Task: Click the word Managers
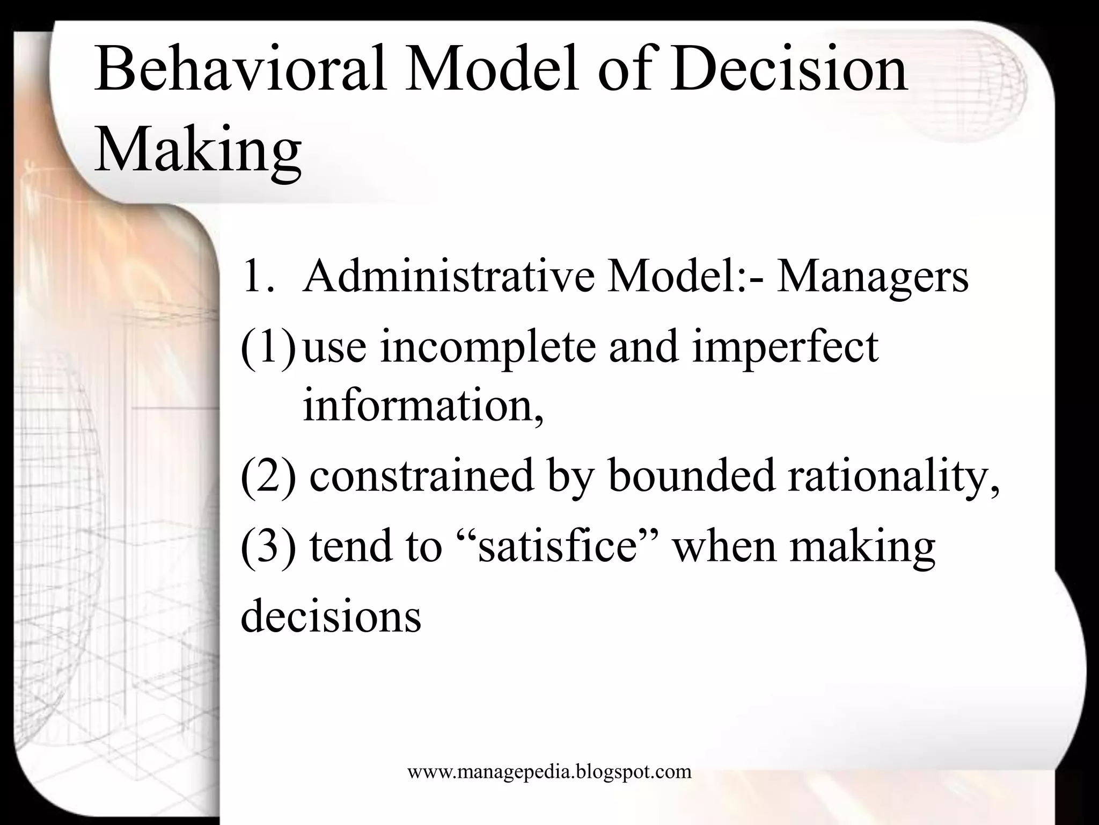point(872,277)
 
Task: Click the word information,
point(423,405)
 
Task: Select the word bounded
point(692,476)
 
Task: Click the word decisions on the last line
point(331,616)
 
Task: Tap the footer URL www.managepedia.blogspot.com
point(549,772)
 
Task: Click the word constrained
point(422,476)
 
